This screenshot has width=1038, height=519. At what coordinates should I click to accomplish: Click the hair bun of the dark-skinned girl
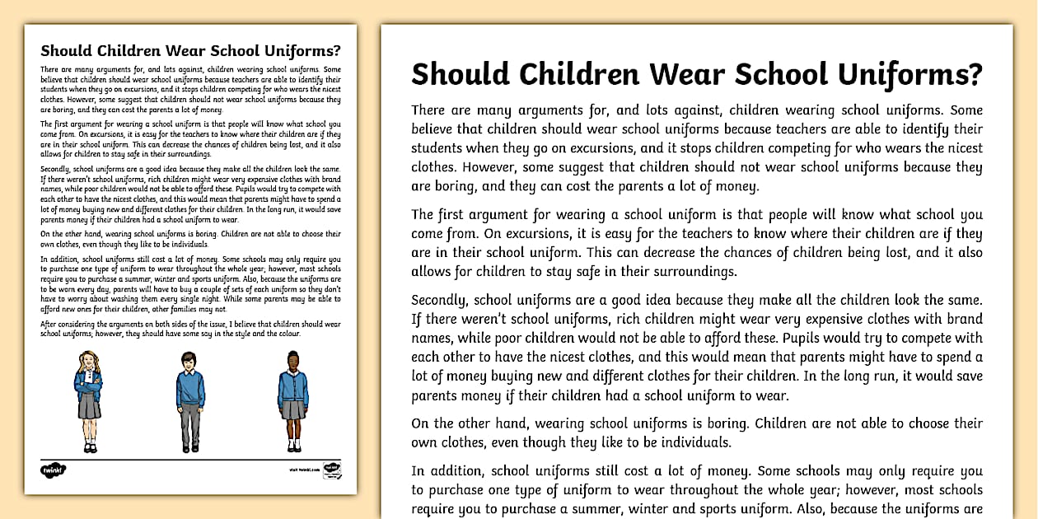292,353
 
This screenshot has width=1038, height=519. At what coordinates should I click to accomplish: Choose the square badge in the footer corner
331,470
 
